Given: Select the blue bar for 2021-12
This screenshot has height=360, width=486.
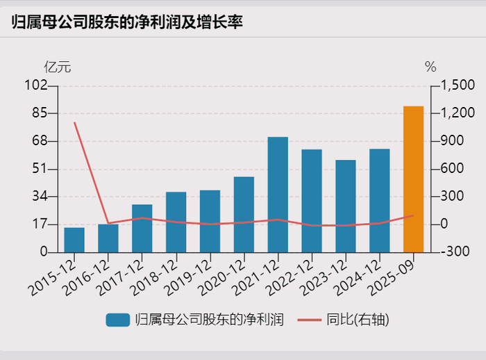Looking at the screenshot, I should click(278, 195).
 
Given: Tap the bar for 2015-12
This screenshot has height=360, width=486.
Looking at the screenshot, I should click(74, 240).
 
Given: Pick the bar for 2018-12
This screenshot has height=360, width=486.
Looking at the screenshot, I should click(176, 222).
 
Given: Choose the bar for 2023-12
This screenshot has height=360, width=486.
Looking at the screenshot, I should click(345, 206).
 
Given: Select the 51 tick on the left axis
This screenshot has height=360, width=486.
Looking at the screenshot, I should click(40, 169).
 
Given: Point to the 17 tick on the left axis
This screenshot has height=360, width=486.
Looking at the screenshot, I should click(40, 224).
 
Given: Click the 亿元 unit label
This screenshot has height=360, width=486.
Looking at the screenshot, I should click(58, 67).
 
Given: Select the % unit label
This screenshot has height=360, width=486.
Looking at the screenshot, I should click(430, 67).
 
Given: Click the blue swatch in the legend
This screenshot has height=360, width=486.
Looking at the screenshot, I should click(118, 320).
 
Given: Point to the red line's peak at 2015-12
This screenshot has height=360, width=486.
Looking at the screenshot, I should click(74, 122).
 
